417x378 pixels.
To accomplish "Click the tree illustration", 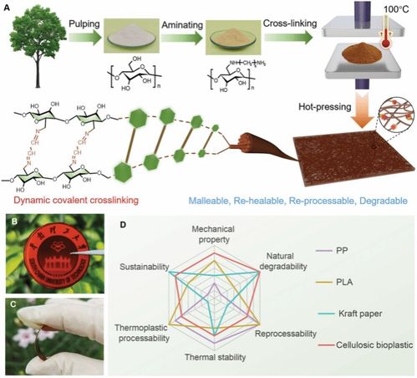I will (x=38, y=42).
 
